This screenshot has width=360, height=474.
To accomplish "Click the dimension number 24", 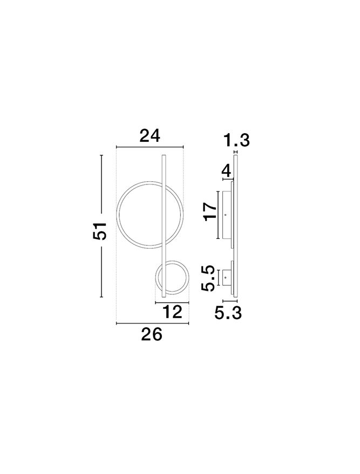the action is point(150,136).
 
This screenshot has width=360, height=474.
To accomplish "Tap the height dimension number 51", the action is point(100,231).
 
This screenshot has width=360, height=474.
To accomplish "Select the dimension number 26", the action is point(152,335).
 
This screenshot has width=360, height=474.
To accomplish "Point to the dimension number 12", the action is point(172,312).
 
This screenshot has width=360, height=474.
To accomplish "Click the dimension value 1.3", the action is point(236,141).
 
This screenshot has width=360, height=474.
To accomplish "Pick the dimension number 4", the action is point(226,171).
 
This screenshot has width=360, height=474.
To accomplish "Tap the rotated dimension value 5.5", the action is point(208,278).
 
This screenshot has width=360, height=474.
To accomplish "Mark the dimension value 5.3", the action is point(228,313).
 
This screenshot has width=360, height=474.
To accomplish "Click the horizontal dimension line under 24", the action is point(150,147).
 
